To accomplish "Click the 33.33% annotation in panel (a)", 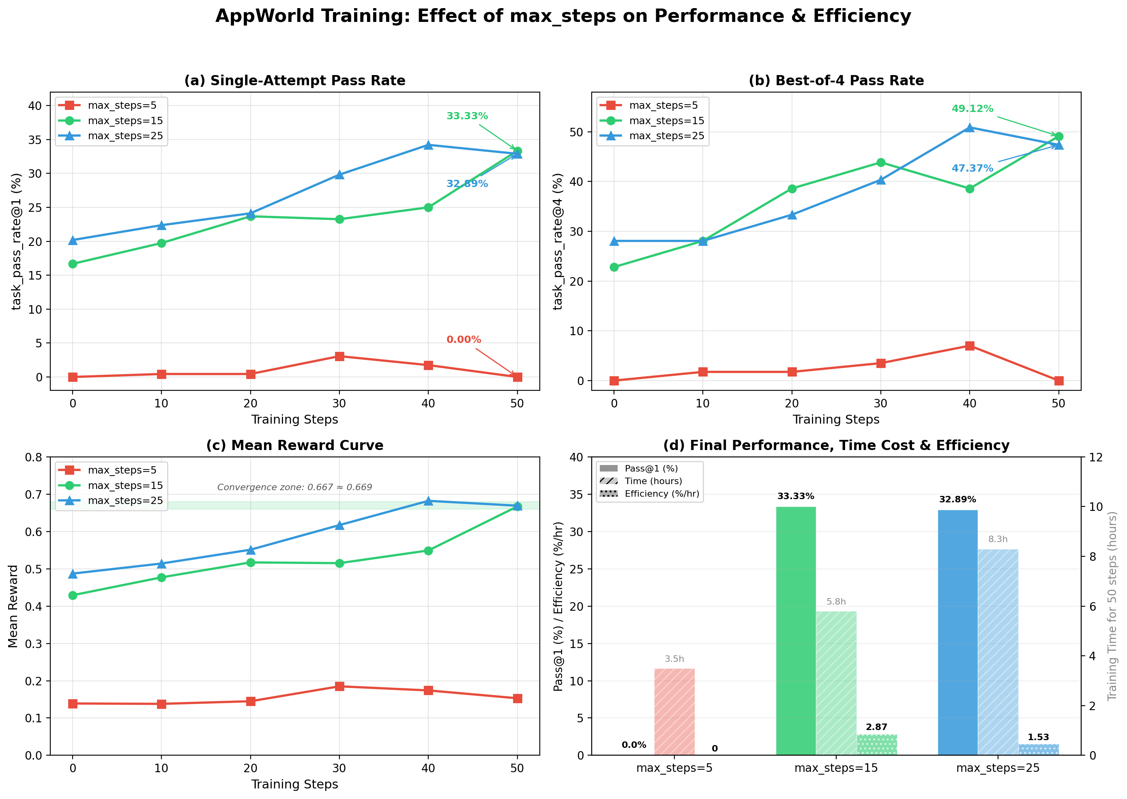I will tap(467, 116).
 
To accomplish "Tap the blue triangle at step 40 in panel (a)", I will tap(428, 145).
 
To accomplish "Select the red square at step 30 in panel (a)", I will tap(339, 356).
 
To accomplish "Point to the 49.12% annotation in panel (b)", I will tap(972, 109).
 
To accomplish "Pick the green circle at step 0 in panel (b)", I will tap(614, 267).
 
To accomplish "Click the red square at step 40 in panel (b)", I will tap(970, 346).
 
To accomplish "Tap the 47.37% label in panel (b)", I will tap(972, 168).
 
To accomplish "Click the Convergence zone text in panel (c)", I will tap(294, 487).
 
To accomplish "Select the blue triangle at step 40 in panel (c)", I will tap(428, 501).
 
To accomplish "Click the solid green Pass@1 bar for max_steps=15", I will tap(796, 630).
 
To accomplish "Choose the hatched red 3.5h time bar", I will tap(674, 711).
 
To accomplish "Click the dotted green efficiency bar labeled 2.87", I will tap(877, 744).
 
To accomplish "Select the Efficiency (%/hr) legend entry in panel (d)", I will tap(661, 493).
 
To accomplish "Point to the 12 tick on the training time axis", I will tap(1095, 457).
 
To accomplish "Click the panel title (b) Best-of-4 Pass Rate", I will tap(836, 81).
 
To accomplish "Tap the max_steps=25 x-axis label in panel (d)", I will tap(998, 768).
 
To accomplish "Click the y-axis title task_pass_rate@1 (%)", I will tap(16, 241).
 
